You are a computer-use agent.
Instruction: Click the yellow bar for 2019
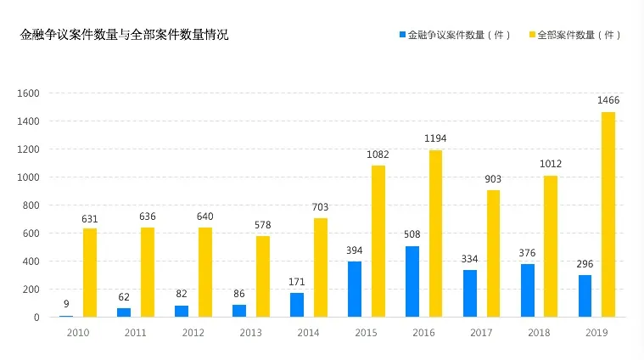point(608,214)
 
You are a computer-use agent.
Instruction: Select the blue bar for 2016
point(412,282)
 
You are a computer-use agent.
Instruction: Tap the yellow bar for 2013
point(263,276)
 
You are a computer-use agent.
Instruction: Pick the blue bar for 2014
point(297,305)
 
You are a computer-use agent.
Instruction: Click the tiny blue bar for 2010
point(66,316)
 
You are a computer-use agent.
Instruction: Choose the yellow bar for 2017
point(493,254)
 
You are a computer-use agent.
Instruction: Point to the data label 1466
point(608,100)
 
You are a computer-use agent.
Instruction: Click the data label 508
point(412,234)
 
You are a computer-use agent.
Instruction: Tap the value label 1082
point(378,155)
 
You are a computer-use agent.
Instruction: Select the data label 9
point(66,304)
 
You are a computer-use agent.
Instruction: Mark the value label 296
point(585,264)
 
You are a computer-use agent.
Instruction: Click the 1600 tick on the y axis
point(28,93)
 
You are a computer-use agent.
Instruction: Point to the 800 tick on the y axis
point(31,205)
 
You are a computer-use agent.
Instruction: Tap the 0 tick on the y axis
point(36,318)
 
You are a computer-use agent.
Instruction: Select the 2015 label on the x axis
point(366,333)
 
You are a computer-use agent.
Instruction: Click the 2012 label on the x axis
point(193,333)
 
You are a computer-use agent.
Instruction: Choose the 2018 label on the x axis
point(539,333)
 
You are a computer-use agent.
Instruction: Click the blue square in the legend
point(402,35)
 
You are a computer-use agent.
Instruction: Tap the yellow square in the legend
point(532,35)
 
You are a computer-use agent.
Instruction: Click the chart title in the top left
point(124,35)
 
